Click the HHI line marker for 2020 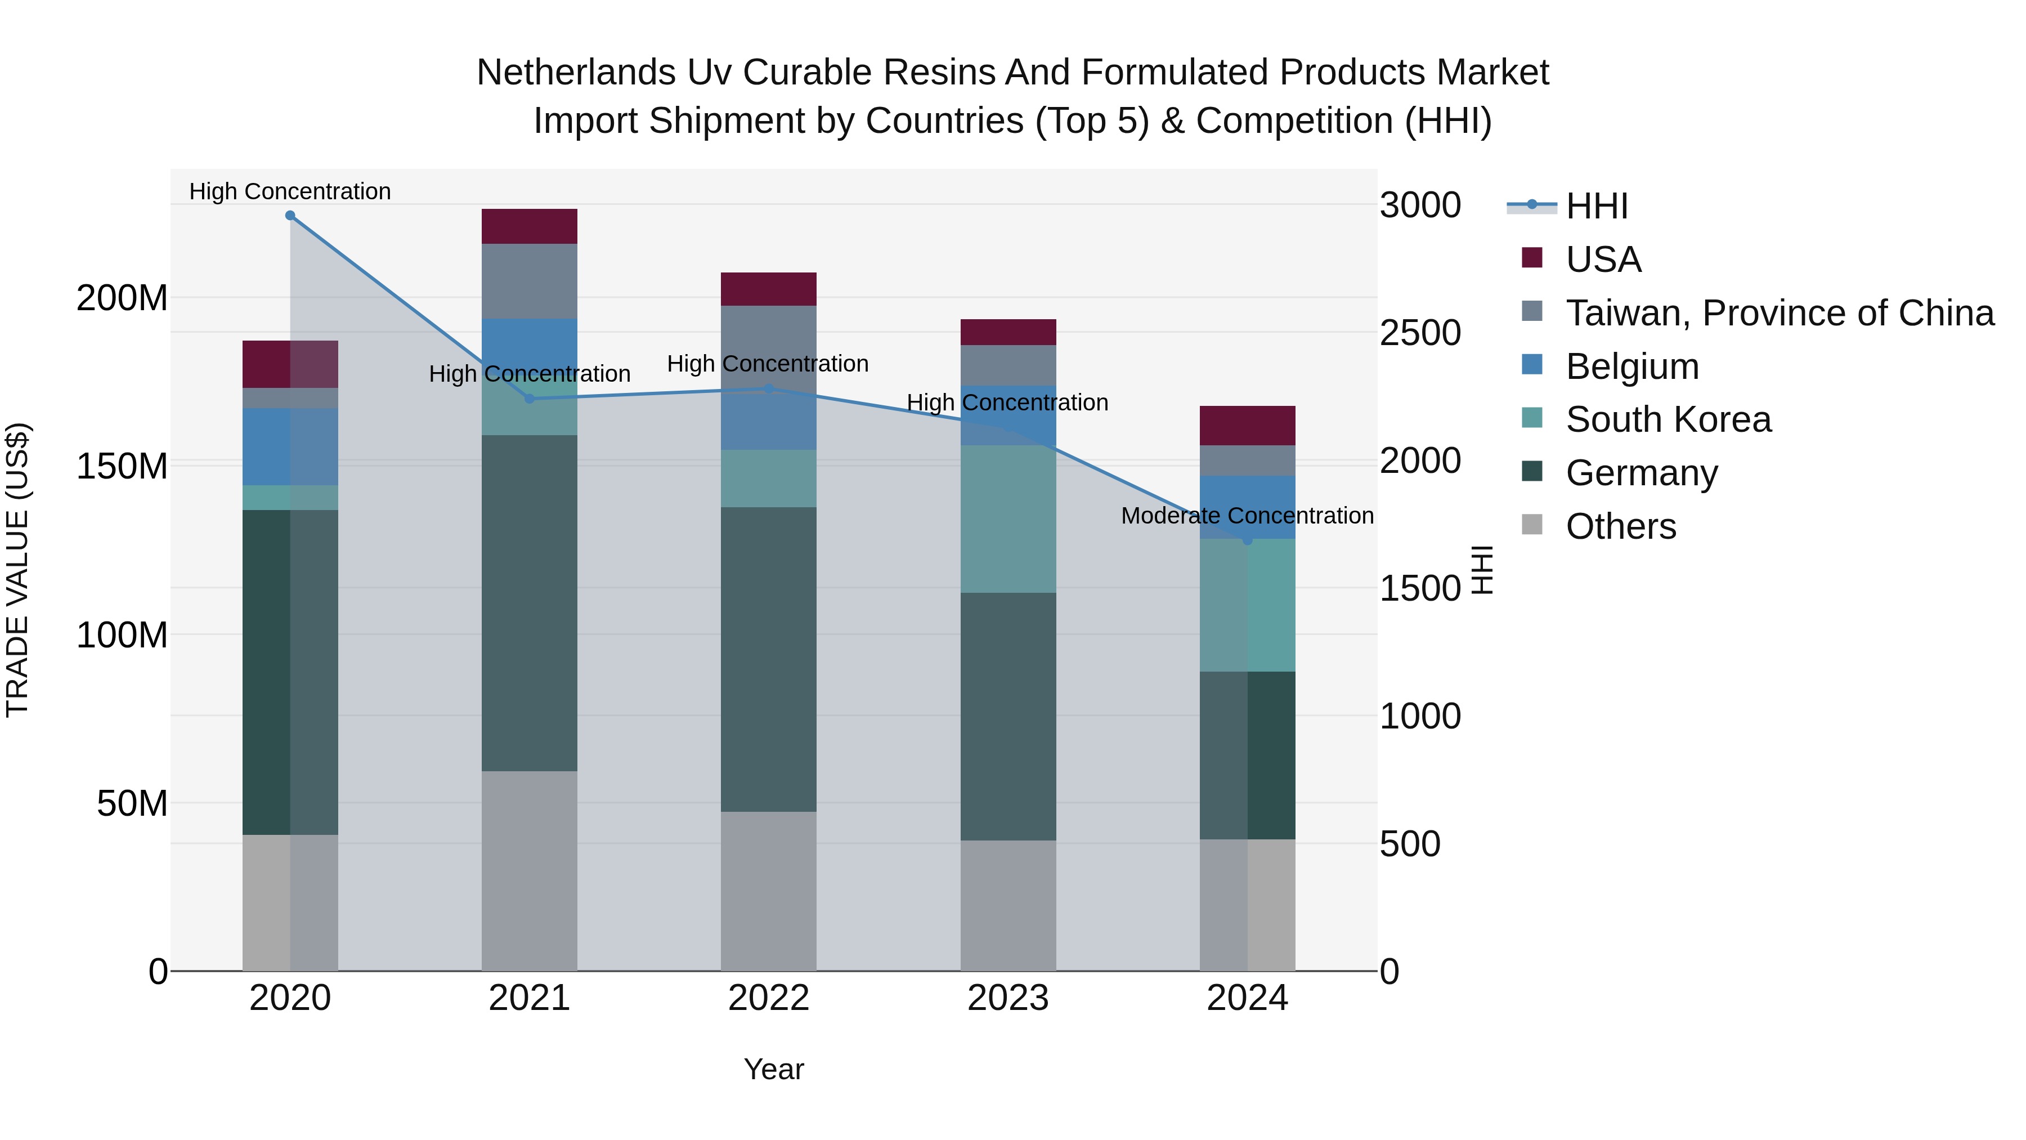[x=290, y=216]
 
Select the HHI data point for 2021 [x=530, y=399]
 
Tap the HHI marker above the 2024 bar [x=1247, y=540]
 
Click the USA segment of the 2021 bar [x=530, y=226]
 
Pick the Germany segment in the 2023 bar [x=1008, y=716]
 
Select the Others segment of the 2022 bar [x=768, y=891]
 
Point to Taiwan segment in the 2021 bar [x=530, y=281]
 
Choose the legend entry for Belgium [x=1632, y=366]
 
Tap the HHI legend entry [x=1597, y=206]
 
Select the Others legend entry [x=1620, y=526]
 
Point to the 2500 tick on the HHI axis [x=1420, y=333]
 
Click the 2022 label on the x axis [x=768, y=998]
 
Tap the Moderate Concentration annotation [x=1247, y=516]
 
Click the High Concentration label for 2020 [x=290, y=191]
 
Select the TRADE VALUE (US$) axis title [x=17, y=570]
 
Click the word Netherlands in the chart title [x=576, y=73]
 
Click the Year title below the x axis [x=774, y=1069]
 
